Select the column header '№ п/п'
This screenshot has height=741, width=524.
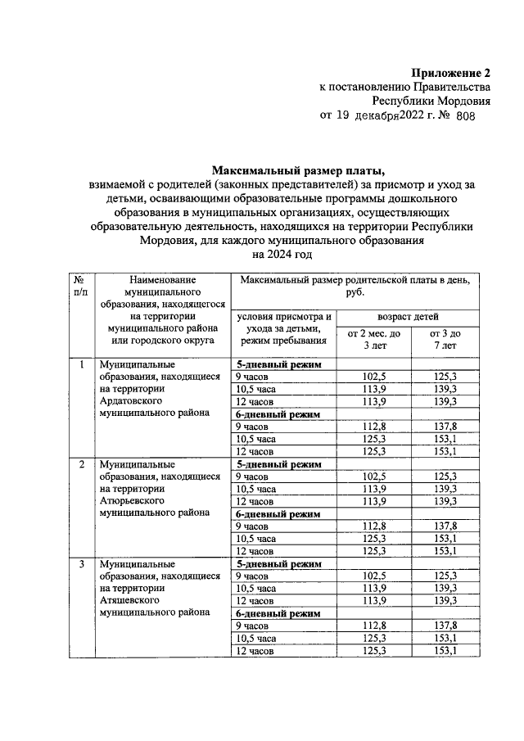(79, 286)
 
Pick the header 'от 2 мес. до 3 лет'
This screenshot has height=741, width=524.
(374, 339)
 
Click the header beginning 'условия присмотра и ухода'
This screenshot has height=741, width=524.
(284, 328)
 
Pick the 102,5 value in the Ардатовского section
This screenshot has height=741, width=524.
(374, 377)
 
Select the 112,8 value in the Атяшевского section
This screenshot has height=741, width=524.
(374, 626)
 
